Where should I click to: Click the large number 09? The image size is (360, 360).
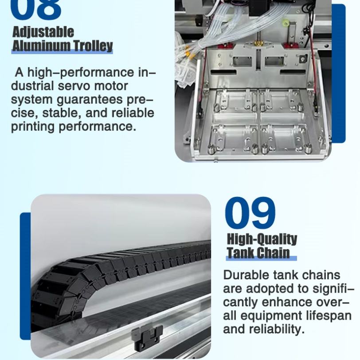click(250, 213)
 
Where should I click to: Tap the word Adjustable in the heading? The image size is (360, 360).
click(43, 32)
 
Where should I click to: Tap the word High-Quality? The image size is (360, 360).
click(262, 239)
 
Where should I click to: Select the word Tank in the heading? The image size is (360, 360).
click(240, 253)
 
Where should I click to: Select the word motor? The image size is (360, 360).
click(111, 86)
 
